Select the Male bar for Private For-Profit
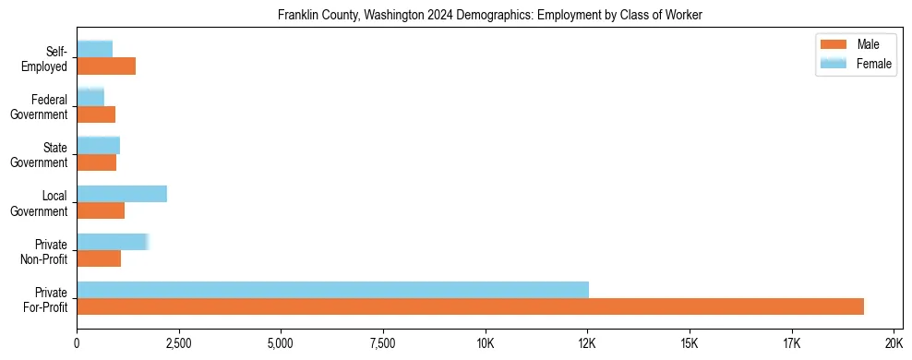[470, 306]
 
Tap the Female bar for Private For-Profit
[332, 290]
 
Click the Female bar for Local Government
[122, 194]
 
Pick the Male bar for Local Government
[101, 210]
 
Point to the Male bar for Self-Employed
[106, 66]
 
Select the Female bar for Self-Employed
[95, 49]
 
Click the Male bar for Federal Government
[96, 114]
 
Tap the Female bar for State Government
[98, 145]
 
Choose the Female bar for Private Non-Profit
[113, 242]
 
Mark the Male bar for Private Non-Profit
[99, 258]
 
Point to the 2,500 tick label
[179, 344]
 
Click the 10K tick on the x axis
[486, 344]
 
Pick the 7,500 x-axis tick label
[383, 344]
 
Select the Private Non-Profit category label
[47, 252]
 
